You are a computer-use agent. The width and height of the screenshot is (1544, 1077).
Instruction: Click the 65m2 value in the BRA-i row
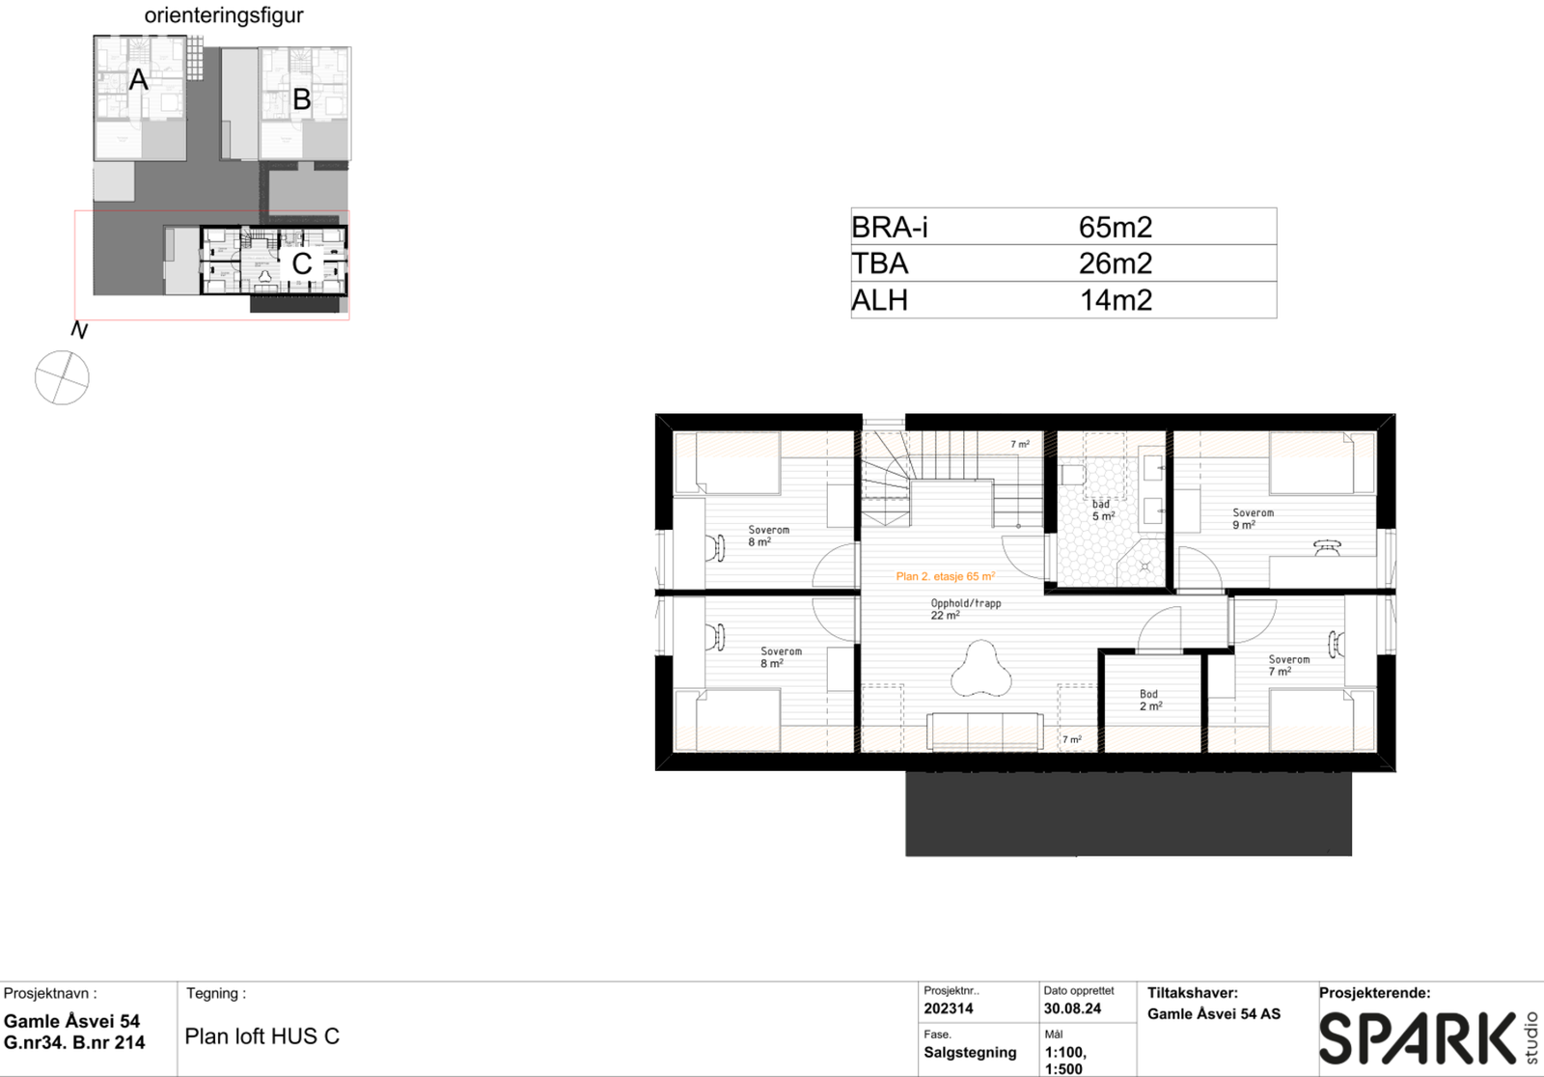coord(1116,227)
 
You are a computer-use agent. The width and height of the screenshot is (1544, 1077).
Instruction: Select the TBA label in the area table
coord(879,263)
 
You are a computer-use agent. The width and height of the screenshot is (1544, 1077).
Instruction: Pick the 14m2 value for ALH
coord(1116,300)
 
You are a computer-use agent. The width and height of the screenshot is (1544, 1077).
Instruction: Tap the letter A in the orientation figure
coord(139,80)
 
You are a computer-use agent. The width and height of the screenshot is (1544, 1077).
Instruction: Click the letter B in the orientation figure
coord(301,99)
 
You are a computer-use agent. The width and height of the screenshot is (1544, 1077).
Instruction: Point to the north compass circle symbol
coord(62,377)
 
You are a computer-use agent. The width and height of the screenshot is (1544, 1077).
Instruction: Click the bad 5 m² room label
coord(1102,511)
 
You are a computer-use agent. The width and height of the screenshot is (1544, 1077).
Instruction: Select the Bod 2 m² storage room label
coord(1150,700)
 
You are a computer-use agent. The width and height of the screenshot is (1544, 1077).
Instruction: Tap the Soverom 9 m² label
coord(1252,519)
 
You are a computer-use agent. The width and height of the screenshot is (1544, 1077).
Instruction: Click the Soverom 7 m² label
coord(1287,665)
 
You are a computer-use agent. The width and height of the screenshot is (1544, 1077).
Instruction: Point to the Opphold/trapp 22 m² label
coord(965,609)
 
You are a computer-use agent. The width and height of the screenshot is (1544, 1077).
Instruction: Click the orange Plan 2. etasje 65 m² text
coord(945,576)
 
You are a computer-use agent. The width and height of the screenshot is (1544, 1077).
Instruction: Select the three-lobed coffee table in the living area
coord(980,669)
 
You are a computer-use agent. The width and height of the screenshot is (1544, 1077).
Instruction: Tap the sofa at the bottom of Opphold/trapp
coord(984,731)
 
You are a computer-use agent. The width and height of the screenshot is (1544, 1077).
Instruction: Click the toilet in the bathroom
coord(1073,475)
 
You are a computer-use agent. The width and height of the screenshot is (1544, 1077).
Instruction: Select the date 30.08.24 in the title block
coord(1072,1008)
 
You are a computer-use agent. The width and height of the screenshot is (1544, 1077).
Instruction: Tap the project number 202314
coord(949,1008)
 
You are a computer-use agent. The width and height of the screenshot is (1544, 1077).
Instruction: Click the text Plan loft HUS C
coord(262,1036)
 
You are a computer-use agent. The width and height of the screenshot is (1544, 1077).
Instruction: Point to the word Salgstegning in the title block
coord(970,1052)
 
